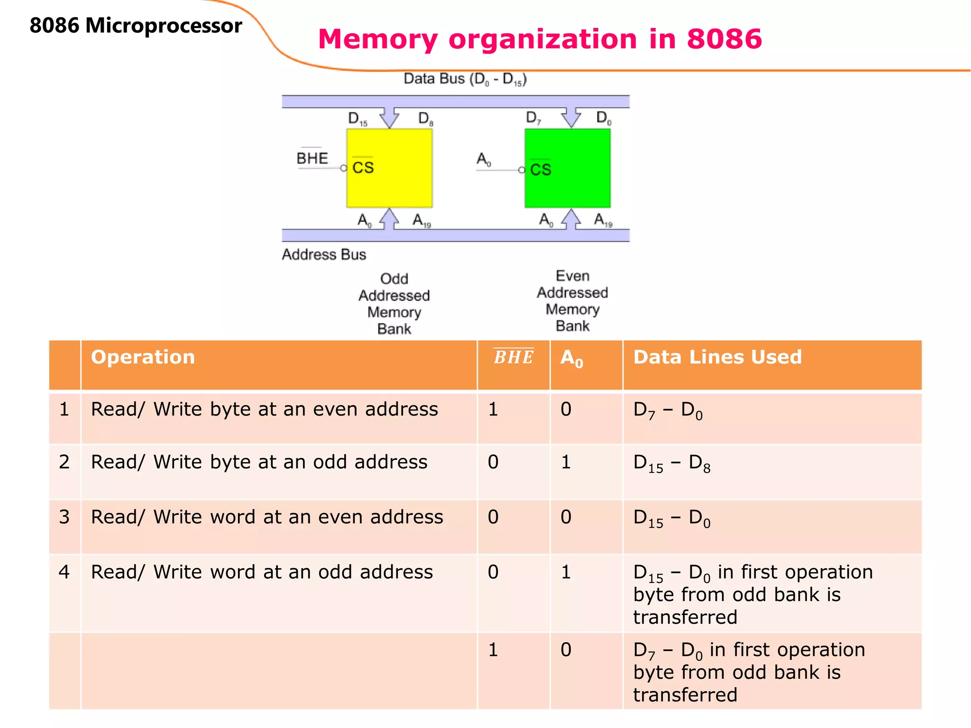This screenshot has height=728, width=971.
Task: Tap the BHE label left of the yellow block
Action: pyautogui.click(x=312, y=158)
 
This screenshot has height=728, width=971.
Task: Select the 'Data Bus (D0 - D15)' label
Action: pyautogui.click(x=465, y=79)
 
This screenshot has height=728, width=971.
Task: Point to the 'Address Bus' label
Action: pyautogui.click(x=324, y=255)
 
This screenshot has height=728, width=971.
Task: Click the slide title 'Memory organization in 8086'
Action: pyautogui.click(x=540, y=39)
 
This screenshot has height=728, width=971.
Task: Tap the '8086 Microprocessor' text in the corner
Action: pyautogui.click(x=136, y=26)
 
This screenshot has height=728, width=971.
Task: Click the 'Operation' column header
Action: pyautogui.click(x=143, y=357)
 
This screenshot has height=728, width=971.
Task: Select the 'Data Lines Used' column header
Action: pyautogui.click(x=717, y=357)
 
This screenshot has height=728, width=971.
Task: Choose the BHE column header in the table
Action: pyautogui.click(x=513, y=357)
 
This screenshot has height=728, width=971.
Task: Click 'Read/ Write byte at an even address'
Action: pyautogui.click(x=264, y=409)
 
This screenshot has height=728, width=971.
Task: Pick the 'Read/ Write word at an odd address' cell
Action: pyautogui.click(x=262, y=572)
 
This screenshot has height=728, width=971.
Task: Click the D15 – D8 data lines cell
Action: pyautogui.click(x=672, y=463)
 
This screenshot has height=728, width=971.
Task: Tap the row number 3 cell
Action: pyautogui.click(x=64, y=517)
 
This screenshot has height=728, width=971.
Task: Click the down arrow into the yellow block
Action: pyautogui.click(x=390, y=117)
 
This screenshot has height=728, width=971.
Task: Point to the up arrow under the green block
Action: pyautogui.click(x=571, y=219)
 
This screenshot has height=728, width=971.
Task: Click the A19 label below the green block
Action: pyautogui.click(x=603, y=220)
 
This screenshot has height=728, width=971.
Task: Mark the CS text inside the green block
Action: pyautogui.click(x=540, y=170)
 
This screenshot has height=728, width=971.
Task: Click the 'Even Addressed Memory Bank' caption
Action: pyautogui.click(x=572, y=301)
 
